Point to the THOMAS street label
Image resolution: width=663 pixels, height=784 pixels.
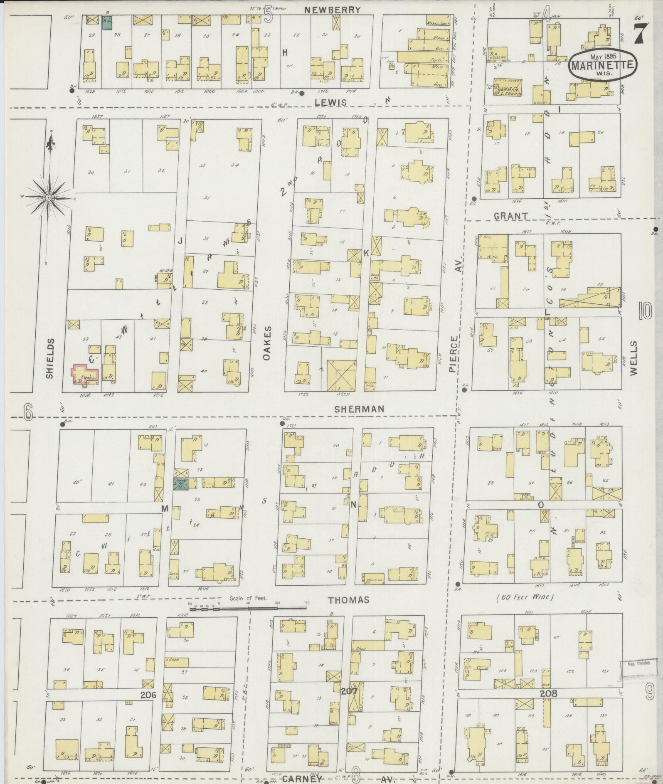click(x=348, y=600)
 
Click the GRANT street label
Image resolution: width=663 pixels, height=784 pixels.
click(x=511, y=216)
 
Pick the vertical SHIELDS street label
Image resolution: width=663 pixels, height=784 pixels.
click(x=49, y=358)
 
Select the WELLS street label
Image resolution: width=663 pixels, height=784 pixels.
click(x=633, y=358)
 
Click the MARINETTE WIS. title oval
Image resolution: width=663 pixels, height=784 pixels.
click(x=603, y=66)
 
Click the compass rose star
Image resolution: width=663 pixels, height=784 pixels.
click(x=49, y=197)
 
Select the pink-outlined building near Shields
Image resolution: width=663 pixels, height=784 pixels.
click(x=85, y=375)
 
